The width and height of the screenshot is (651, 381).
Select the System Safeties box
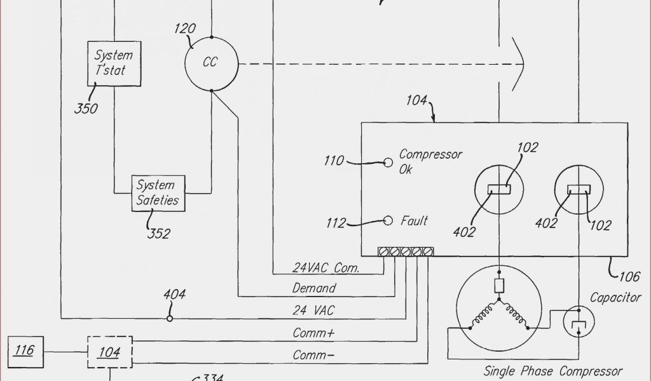tap(156, 193)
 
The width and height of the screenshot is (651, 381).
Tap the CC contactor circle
tap(210, 63)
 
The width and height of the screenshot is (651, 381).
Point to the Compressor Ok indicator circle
tap(388, 162)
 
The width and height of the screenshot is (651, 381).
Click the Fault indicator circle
tap(388, 221)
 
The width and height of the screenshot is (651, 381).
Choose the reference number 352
tap(159, 234)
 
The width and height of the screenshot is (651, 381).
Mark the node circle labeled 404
tap(170, 318)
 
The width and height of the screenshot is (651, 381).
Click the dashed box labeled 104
tap(109, 351)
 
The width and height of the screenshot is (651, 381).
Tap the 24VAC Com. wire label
tap(325, 268)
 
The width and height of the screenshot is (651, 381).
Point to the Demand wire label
tap(314, 288)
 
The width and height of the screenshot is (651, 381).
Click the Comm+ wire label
tap(314, 333)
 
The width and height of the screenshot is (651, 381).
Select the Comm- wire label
tap(313, 355)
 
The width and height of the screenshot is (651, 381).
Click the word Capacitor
tap(615, 297)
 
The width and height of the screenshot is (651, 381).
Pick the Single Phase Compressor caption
tap(552, 371)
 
